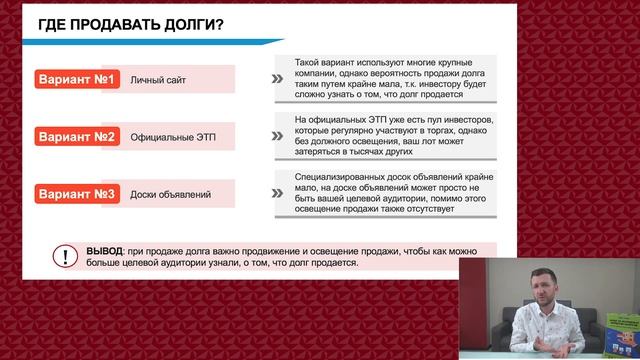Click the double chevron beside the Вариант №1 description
coord(276,79)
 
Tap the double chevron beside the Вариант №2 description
coord(276,136)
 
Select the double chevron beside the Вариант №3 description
coord(276,192)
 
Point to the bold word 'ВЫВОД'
coord(105,250)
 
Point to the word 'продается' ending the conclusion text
coord(337,263)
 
